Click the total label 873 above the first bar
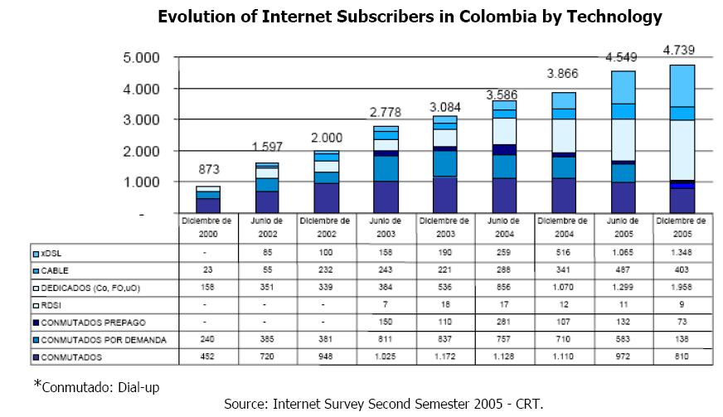click(x=207, y=169)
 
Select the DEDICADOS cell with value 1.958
click(x=682, y=287)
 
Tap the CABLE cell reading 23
click(x=207, y=269)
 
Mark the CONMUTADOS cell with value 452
click(x=207, y=357)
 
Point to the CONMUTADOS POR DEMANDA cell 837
click(x=444, y=339)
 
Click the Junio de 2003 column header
click(x=386, y=225)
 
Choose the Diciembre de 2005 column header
click(x=682, y=225)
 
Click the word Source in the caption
click(x=245, y=405)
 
